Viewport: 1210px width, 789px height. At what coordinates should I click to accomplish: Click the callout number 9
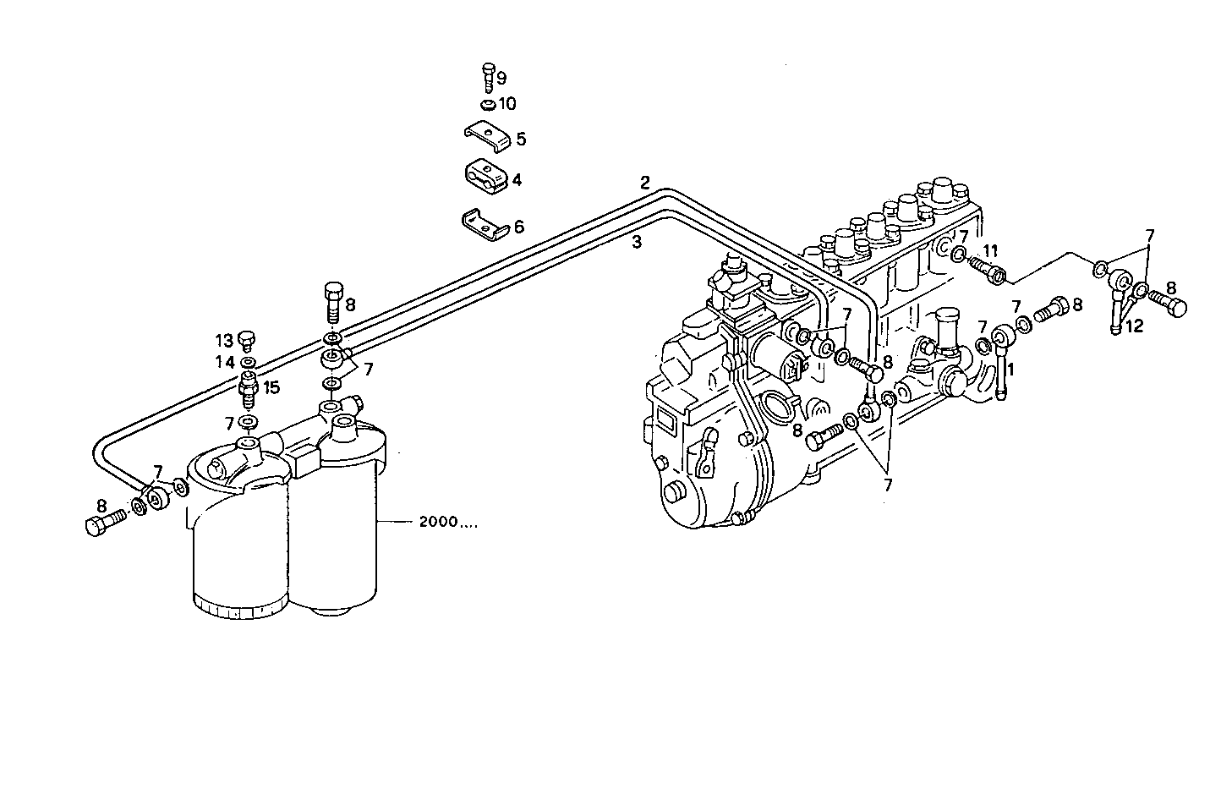[501, 79]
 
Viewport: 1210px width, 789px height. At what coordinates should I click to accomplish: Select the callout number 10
[506, 104]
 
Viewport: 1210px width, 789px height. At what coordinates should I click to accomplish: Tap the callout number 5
[521, 139]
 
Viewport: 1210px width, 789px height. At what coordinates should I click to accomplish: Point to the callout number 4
[517, 180]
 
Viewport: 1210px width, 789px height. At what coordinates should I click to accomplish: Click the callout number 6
[519, 227]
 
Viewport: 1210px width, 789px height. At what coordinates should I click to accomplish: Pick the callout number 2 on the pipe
[645, 182]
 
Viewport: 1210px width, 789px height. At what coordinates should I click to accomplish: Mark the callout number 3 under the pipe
[638, 244]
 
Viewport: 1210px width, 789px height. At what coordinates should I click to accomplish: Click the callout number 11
[990, 250]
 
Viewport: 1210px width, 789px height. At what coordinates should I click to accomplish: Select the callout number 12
[1133, 327]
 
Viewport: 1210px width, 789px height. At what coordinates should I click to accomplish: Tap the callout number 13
[223, 341]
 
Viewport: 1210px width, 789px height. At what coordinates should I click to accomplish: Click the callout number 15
[270, 387]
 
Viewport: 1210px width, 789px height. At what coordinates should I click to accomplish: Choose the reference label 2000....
[446, 523]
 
